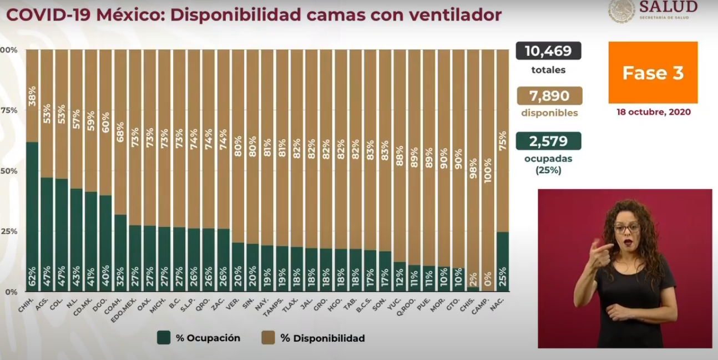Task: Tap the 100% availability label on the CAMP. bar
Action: coord(488,174)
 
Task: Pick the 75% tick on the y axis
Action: coord(9,110)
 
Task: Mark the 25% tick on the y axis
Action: coord(9,231)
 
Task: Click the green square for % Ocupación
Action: coord(164,338)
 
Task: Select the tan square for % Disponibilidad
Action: coord(267,338)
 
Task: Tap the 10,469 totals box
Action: coord(548,51)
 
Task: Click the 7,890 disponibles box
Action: coord(549,96)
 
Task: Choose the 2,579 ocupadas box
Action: coord(548,141)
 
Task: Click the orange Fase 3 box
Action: coord(653,73)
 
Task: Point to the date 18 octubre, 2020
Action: coord(653,112)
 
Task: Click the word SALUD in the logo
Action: coord(668,7)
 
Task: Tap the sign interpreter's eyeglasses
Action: coord(626,228)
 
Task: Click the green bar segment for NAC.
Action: coord(502,261)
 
